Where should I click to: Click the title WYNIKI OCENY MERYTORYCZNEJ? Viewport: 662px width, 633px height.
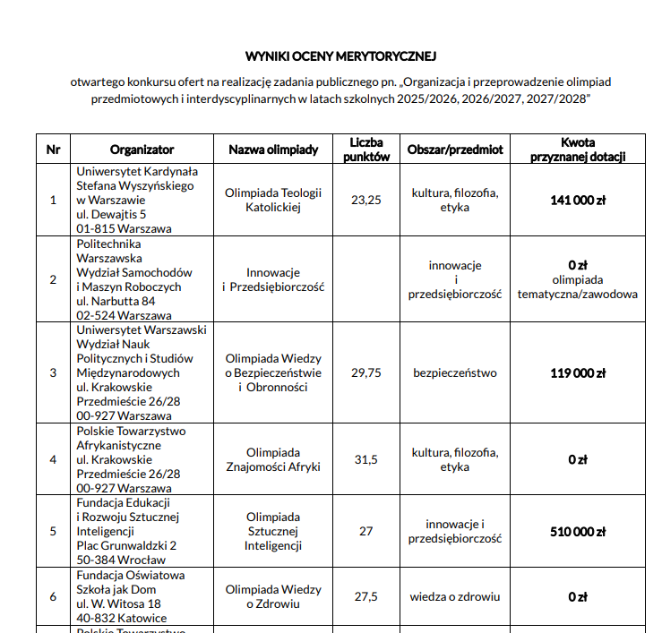pyautogui.click(x=340, y=56)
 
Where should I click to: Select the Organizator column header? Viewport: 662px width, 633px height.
pyautogui.click(x=142, y=150)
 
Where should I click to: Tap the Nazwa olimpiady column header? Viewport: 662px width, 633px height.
pyautogui.click(x=273, y=150)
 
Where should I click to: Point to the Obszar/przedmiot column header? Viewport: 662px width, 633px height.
pyautogui.click(x=455, y=150)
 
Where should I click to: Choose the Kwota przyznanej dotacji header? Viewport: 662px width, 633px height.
pyautogui.click(x=578, y=150)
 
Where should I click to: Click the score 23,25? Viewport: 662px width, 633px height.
pyautogui.click(x=365, y=200)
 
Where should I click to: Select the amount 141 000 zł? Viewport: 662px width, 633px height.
pyautogui.click(x=578, y=200)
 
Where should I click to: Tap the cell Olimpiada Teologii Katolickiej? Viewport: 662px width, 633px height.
pyautogui.click(x=273, y=200)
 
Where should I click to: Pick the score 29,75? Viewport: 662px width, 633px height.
pyautogui.click(x=365, y=372)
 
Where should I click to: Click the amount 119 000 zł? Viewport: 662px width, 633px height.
pyautogui.click(x=578, y=372)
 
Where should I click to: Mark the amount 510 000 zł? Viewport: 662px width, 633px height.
pyautogui.click(x=578, y=531)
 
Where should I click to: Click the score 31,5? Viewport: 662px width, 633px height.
pyautogui.click(x=365, y=459)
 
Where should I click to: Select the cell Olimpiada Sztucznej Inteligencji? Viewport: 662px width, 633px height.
pyautogui.click(x=273, y=531)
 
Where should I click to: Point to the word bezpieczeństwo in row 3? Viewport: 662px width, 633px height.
pyautogui.click(x=455, y=372)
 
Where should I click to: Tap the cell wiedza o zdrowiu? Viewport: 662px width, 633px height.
pyautogui.click(x=455, y=596)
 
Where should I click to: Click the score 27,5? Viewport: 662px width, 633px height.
pyautogui.click(x=365, y=596)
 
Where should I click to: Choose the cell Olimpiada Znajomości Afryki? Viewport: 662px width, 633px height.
pyautogui.click(x=273, y=459)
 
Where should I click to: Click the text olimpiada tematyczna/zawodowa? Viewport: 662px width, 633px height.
pyautogui.click(x=578, y=287)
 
